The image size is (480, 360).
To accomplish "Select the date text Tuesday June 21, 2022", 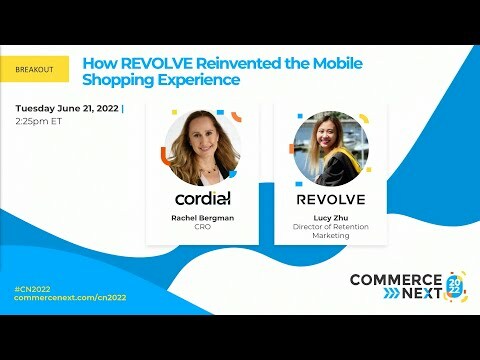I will click(67, 108).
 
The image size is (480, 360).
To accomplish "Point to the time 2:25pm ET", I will click(39, 121).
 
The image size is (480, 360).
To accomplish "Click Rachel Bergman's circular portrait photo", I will click(202, 148).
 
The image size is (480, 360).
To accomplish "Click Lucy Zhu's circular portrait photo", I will click(330, 148).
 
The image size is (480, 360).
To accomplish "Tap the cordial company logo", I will click(202, 198).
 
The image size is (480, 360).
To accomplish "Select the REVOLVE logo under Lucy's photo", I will click(330, 199).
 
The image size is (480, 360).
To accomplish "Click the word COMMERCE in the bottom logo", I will click(395, 279).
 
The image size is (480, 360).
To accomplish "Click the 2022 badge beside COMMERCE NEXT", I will click(455, 287).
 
